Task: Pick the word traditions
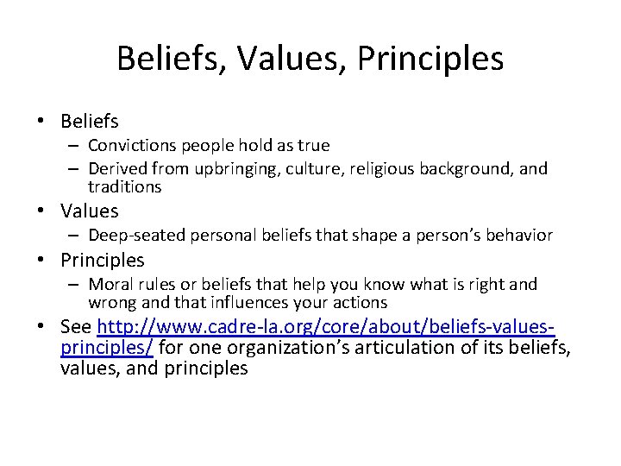pyautogui.click(x=124, y=186)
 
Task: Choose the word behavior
pyautogui.click(x=519, y=235)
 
